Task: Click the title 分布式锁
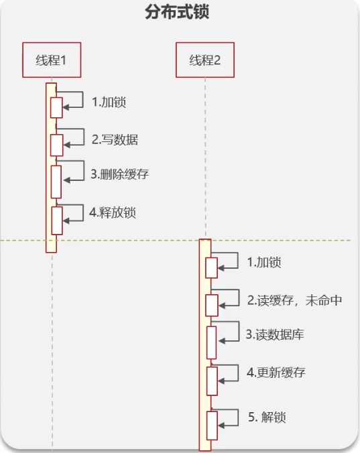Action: tap(177, 12)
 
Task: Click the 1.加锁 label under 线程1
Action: tap(109, 102)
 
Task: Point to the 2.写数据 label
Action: tap(115, 139)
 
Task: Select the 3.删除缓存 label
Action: tap(119, 174)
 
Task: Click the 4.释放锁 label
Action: tap(113, 212)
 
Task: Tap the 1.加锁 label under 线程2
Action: tap(264, 262)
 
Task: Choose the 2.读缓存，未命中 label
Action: tap(294, 300)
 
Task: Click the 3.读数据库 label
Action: tap(275, 334)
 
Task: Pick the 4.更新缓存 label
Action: tap(276, 372)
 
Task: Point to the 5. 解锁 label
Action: tap(267, 417)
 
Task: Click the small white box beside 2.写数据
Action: tap(56, 145)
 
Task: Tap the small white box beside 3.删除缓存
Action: tap(56, 182)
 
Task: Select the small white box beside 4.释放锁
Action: tap(57, 220)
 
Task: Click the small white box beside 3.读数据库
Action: tap(211, 342)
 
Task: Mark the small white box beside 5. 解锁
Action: tap(212, 426)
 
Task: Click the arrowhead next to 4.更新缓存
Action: tap(221, 381)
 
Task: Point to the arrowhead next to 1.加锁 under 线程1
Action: tap(66, 107)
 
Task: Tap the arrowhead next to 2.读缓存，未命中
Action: tap(222, 306)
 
